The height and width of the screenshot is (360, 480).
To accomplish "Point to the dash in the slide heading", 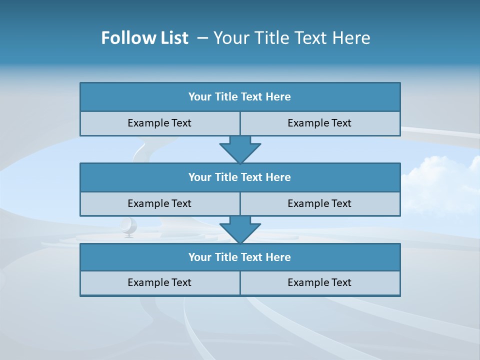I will coord(203,38).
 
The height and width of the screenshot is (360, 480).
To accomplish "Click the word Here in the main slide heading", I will coord(352,38).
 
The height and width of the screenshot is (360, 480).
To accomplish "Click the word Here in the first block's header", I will coord(278,97).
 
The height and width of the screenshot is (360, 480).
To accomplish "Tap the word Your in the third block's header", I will coord(200,257).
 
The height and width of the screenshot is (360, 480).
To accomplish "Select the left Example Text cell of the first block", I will coord(159,123).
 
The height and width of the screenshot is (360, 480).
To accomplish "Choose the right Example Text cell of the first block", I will coord(319,123).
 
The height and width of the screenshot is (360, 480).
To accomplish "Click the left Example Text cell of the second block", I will coord(159,203).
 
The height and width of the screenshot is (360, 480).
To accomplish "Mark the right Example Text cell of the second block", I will coord(319,203).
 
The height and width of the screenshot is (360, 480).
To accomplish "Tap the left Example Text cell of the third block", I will coord(159,283).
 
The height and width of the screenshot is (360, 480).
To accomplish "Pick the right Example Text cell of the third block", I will coord(319,283).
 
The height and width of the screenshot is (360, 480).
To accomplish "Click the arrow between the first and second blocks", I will coord(240,149).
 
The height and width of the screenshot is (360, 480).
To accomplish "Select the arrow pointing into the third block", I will coord(240,229).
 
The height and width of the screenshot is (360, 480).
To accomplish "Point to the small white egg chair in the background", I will coord(128,226).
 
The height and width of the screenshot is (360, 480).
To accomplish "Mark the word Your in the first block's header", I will coord(200,97).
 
